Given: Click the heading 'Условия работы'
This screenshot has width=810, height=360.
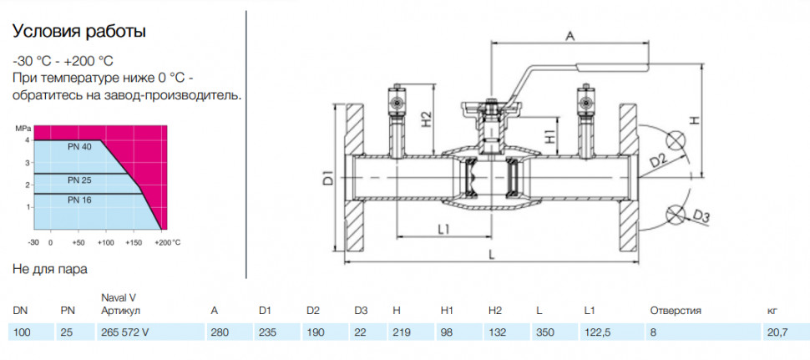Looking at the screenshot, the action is coord(79,32).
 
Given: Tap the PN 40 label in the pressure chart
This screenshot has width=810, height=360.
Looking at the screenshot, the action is coord(79,147).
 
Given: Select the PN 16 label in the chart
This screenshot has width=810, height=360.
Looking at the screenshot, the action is coord(79,200).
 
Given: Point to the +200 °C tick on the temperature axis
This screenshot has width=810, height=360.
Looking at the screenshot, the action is coord(169,241).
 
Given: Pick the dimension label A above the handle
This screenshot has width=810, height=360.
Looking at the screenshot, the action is coord(570,35).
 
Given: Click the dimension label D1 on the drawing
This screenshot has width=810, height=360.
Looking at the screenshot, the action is coord(327,180).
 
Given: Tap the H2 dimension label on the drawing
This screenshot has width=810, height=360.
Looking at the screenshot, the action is coord(426,119).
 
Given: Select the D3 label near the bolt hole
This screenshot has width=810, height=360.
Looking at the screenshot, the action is coord(700,217).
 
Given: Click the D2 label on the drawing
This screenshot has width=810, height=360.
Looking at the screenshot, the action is coord(658,161).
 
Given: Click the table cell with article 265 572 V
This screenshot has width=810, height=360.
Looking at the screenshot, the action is coord(124,332).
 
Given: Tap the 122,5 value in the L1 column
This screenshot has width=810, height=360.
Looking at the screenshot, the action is coord(597,332).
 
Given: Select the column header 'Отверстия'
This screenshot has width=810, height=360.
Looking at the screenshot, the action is coord(676,311).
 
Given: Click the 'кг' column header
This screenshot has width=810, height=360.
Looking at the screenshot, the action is coord(772,311).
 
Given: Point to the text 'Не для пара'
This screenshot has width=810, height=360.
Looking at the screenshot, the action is coord(49,269).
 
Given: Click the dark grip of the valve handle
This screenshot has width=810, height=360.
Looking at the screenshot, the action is coord(612,66).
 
